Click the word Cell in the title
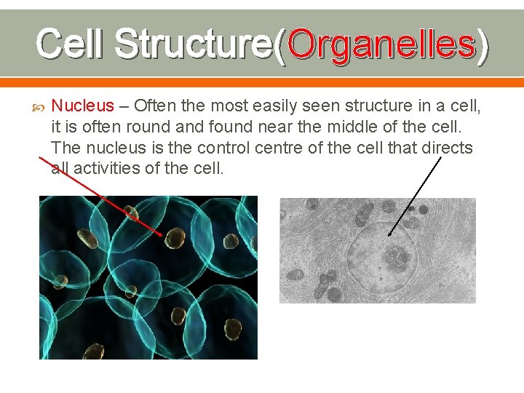pyautogui.click(x=71, y=43)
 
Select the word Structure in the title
pyautogui.click(x=194, y=43)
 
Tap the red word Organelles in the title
pyautogui.click(x=382, y=43)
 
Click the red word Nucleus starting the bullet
pyautogui.click(x=82, y=106)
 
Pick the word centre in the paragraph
pyautogui.click(x=284, y=148)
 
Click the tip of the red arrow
pyautogui.click(x=162, y=234)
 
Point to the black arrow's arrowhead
pyautogui.click(x=390, y=235)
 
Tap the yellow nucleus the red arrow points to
pyautogui.click(x=175, y=239)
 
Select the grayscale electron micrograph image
pyautogui.click(x=377, y=250)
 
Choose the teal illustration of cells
pyautogui.click(x=148, y=277)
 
